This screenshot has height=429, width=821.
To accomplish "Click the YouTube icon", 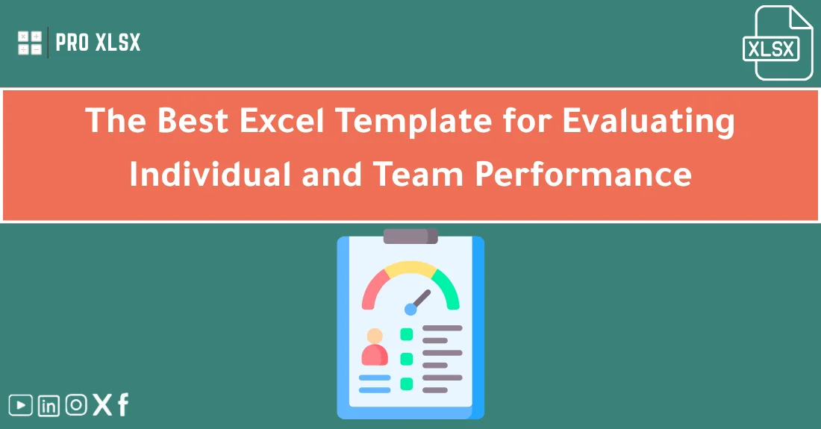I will (21, 405).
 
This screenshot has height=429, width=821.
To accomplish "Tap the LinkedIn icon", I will (49, 405).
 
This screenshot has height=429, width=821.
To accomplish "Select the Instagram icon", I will (76, 405).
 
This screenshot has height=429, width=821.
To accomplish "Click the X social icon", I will (102, 405).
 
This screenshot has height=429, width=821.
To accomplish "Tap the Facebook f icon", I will (123, 405).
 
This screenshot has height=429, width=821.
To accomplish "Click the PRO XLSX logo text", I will (98, 43).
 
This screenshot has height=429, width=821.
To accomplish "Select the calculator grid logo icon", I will (31, 43).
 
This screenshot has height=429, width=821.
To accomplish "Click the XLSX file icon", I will (781, 43).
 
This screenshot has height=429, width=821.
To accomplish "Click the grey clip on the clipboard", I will (410, 236).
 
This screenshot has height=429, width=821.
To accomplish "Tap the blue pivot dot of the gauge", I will (410, 308).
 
